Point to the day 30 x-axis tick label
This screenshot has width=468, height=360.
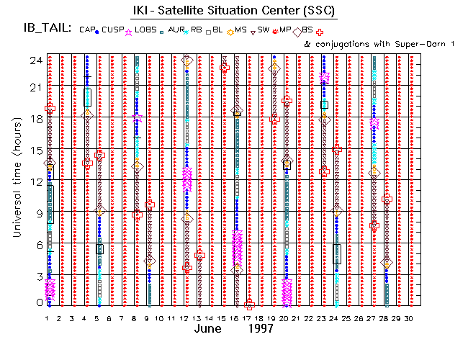click(409, 318)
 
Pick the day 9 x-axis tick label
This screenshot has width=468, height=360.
click(147, 318)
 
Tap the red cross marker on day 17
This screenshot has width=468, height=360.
click(250, 305)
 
